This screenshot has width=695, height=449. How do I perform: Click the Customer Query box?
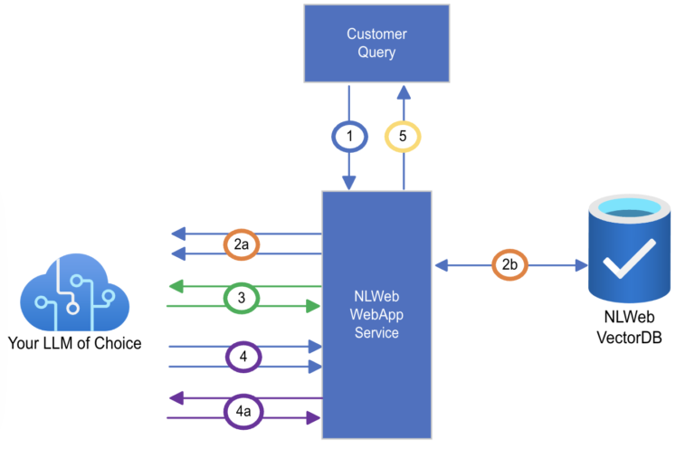pyautogui.click(x=377, y=43)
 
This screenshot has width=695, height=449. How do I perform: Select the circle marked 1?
pyautogui.click(x=349, y=137)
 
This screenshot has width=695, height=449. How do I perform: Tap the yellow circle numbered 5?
pyautogui.click(x=404, y=137)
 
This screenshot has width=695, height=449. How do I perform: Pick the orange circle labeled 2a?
pyautogui.click(x=241, y=244)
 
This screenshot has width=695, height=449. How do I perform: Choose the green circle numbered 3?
pyautogui.click(x=241, y=296)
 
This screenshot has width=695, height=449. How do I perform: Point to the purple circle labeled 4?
pyautogui.click(x=241, y=357)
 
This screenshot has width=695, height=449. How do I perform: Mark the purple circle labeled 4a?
pyautogui.click(x=241, y=410)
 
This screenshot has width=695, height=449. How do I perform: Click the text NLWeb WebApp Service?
pyautogui.click(x=376, y=314)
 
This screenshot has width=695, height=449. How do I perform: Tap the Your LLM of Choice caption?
pyautogui.click(x=74, y=343)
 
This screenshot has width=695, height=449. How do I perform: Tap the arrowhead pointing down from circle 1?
pyautogui.click(x=349, y=183)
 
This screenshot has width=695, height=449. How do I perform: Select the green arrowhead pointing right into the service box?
pyautogui.click(x=314, y=307)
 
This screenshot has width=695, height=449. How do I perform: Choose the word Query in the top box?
pyautogui.click(x=377, y=53)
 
